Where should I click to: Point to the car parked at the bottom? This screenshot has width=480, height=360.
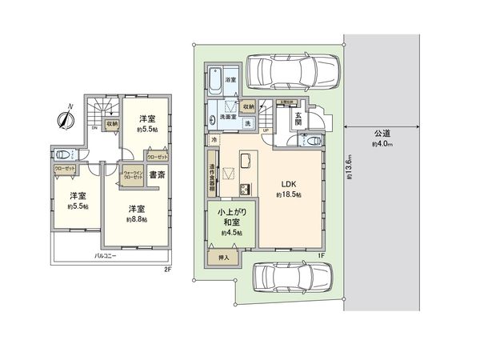[290, 282]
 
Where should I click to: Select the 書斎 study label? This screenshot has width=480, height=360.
[157, 174]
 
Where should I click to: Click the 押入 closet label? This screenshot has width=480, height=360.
[223, 258]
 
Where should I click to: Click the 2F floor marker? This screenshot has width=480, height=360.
[168, 270]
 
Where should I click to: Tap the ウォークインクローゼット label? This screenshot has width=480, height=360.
[132, 175]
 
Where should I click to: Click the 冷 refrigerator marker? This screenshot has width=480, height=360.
[214, 140]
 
